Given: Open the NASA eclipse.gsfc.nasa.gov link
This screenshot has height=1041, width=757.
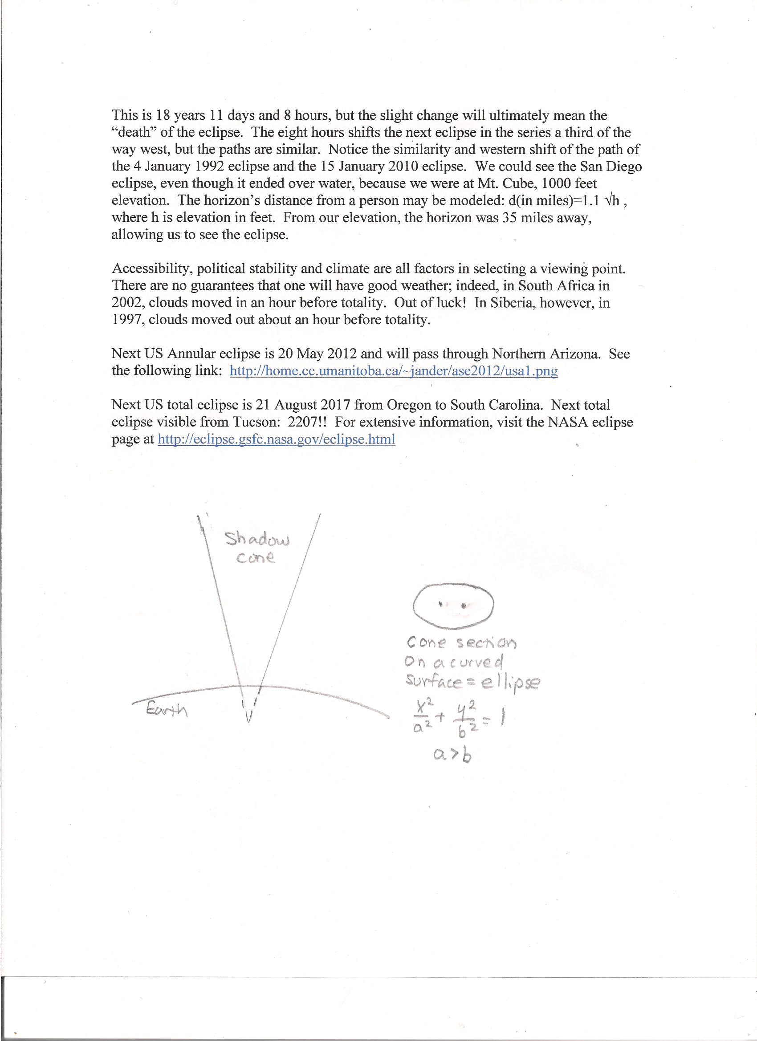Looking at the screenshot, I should pyautogui.click(x=277, y=439).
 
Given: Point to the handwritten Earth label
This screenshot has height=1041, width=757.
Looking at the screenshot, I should pyautogui.click(x=167, y=710).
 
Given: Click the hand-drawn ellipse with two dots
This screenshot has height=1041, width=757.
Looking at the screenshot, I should pyautogui.click(x=453, y=605).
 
